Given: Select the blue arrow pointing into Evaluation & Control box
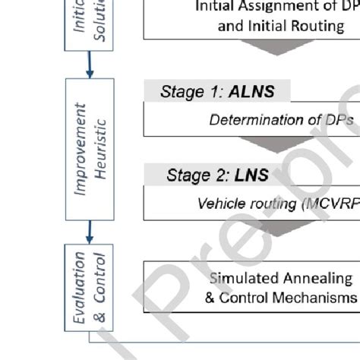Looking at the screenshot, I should [x=89, y=228].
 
